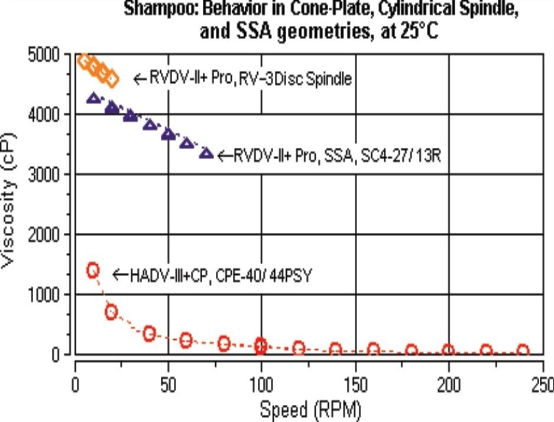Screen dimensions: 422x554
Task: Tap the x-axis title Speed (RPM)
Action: pos(309,408)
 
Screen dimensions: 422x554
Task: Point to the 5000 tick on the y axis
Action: pos(50,55)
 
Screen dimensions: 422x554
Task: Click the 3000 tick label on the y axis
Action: pos(50,175)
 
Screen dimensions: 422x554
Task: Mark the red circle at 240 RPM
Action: pos(523,351)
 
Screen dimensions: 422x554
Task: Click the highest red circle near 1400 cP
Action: pos(93,270)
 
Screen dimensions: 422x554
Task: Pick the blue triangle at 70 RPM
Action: pos(206,153)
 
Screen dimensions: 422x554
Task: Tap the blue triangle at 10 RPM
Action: pos(93,98)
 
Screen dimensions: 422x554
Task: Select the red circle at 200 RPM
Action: pos(448,351)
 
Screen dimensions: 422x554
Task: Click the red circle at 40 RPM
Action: pos(150,333)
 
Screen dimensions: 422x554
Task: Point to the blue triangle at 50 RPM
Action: pos(169,134)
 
